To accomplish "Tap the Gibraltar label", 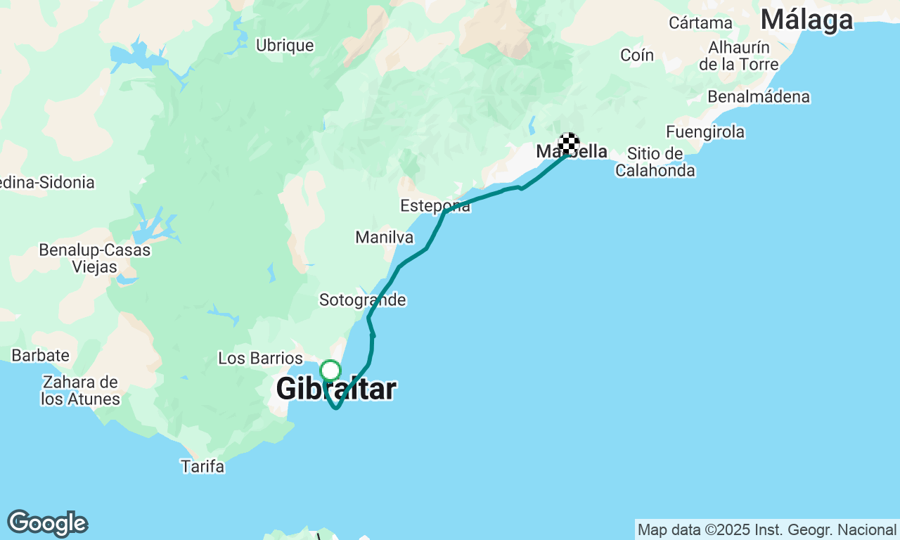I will point(336,389).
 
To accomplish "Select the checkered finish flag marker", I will point(569,143).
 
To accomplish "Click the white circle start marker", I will point(330,370).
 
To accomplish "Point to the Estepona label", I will point(435,206).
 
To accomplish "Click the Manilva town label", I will point(385,237).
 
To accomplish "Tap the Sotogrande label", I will point(362,300).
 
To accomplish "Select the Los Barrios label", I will point(260,358).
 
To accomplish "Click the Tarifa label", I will point(202,466).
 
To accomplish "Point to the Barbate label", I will point(40,355).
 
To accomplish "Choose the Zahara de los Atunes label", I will point(80,391).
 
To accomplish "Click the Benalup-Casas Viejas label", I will point(94,258).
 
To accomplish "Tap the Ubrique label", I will point(285,46).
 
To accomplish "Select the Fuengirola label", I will point(705,131).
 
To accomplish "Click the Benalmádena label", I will point(759,96).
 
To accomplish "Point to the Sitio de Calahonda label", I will point(655,162).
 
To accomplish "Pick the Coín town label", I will point(637,55).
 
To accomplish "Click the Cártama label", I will point(700,22).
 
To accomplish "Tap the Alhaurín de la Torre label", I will point(738,56).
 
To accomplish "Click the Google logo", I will point(47,523).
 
